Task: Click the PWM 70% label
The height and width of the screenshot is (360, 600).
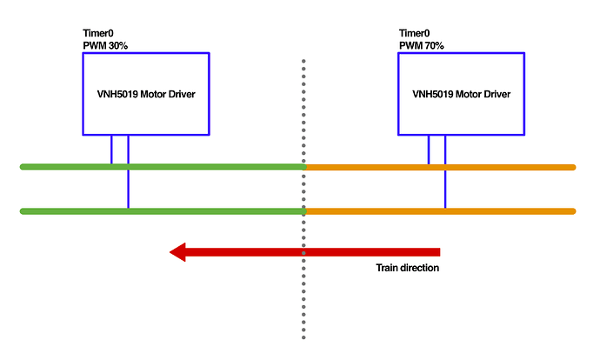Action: pos(422,45)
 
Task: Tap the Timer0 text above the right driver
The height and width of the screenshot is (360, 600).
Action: pos(415,33)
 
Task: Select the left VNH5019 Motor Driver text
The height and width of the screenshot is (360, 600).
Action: pos(145,94)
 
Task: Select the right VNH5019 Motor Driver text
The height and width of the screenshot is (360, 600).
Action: pos(461,94)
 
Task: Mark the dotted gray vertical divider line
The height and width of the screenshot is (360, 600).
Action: pos(303,278)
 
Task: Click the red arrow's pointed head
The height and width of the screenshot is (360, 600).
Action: pos(178,252)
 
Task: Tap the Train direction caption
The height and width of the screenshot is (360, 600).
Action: pos(407,268)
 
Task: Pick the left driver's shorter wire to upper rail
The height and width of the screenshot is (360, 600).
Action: pos(111,150)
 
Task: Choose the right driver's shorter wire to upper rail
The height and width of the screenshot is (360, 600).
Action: pos(429,150)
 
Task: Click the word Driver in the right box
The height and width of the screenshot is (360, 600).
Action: pos(495,94)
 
